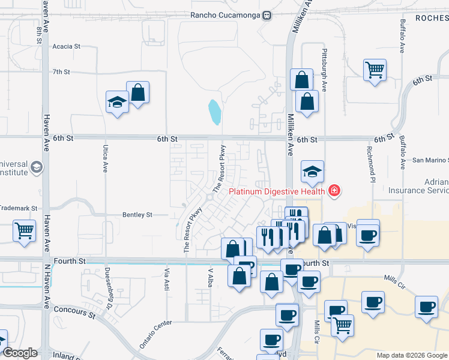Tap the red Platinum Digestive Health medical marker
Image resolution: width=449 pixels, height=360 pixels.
(x=334, y=191)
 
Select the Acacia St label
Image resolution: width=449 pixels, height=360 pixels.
(x=66, y=46)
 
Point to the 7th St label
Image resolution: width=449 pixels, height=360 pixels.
(x=61, y=72)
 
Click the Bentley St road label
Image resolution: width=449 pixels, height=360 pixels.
(x=137, y=214)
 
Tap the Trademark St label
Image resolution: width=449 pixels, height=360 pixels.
(x=18, y=208)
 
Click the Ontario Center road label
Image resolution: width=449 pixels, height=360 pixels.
(x=155, y=333)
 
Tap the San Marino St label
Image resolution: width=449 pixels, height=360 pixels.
(x=430, y=160)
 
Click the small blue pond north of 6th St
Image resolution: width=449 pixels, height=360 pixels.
(x=214, y=111)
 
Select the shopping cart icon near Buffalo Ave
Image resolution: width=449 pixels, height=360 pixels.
(x=375, y=70)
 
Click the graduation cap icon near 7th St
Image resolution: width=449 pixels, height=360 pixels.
(x=117, y=102)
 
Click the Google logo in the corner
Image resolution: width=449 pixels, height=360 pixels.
(x=20, y=353)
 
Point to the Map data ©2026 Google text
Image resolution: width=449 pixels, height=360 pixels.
(x=411, y=355)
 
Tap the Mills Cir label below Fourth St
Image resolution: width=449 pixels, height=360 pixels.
(x=318, y=333)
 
